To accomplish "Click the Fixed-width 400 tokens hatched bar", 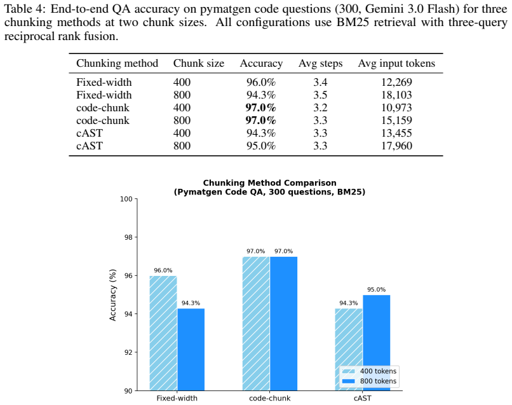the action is tap(163, 333).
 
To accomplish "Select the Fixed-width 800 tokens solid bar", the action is tap(191, 350).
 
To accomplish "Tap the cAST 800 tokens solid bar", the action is tap(377, 343).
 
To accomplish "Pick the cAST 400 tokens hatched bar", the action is tap(349, 350).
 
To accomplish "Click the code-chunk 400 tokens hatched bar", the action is tap(256, 324).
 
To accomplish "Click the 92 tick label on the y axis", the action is tap(128, 352).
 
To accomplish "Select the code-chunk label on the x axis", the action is tap(270, 398).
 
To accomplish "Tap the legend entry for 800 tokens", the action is tap(369, 381).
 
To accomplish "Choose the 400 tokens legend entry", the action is tap(369, 371).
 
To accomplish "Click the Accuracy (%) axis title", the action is tap(112, 295).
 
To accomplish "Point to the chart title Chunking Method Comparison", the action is tap(270, 182).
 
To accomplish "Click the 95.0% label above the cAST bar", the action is tap(377, 290).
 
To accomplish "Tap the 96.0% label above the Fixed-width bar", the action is tap(163, 270).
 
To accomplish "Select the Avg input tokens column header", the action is tap(396, 63).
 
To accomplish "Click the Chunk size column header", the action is tap(199, 63).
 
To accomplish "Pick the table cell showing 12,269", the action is tap(397, 82).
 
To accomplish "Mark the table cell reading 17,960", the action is tap(397, 146).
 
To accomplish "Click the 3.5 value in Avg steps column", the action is tap(320, 95).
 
